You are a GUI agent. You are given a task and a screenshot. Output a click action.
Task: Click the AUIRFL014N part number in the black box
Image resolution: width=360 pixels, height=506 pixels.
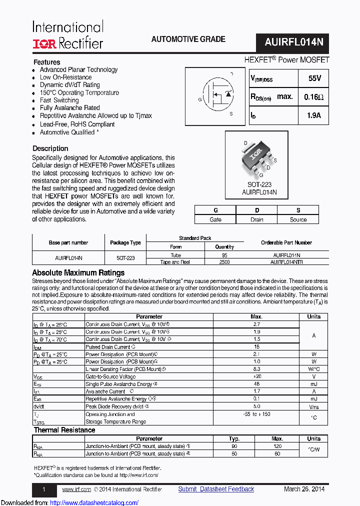[294, 42]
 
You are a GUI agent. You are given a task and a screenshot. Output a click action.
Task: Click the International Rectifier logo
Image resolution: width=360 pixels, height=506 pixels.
[68, 35]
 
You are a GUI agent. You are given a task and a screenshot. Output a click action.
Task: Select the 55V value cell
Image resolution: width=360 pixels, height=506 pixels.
[312, 78]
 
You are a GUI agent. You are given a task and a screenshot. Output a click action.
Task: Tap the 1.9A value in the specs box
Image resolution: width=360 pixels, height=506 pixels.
[313, 116]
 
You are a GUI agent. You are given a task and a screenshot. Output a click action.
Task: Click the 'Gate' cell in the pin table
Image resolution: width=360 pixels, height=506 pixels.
[215, 219]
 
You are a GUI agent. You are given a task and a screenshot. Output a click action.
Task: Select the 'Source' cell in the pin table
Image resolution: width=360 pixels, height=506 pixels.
[298, 219]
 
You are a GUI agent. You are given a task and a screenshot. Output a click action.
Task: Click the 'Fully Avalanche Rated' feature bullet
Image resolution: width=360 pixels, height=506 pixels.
[69, 108]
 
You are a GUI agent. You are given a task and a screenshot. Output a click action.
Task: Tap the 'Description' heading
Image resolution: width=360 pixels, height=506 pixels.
[50, 148]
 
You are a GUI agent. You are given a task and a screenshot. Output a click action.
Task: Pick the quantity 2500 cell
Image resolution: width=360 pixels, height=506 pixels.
[224, 262]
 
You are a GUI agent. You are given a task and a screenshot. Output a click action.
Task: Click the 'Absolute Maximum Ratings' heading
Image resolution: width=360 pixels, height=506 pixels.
[78, 273]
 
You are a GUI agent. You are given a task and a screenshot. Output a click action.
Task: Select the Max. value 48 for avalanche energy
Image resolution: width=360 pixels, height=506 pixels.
[256, 384]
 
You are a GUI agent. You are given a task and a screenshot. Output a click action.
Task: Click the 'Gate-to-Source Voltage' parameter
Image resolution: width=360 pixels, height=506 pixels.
[110, 376]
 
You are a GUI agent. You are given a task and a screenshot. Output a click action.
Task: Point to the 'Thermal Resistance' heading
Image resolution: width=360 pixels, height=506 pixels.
[64, 430]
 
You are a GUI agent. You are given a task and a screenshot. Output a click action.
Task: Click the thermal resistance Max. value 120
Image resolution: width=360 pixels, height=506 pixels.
[277, 446]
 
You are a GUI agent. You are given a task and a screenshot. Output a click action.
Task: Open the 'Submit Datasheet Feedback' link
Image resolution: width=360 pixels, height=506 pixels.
[216, 489]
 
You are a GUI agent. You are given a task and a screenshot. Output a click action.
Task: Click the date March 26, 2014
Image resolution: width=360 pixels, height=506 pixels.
[304, 489]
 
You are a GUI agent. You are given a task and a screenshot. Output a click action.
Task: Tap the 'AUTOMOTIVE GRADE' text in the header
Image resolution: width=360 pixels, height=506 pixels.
[188, 39]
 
